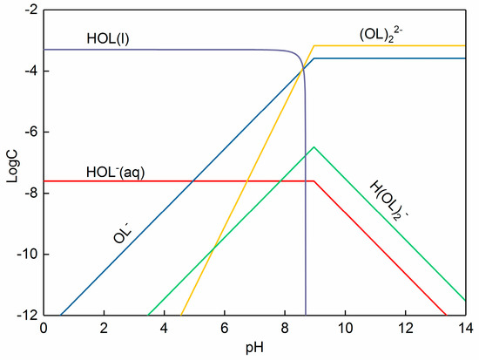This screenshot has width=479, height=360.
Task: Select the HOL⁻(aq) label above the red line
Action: click(115, 172)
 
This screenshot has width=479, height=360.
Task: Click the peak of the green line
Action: click(314, 146)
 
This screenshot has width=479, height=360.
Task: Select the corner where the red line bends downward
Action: click(314, 181)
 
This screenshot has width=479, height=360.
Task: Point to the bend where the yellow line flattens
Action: click(314, 45)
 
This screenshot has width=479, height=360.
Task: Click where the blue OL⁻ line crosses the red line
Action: click(192, 181)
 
